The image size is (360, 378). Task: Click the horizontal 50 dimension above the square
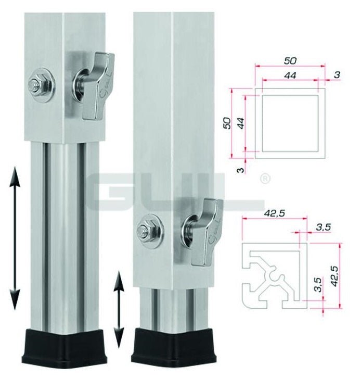(x=290, y=61)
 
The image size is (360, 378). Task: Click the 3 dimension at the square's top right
(x=337, y=75)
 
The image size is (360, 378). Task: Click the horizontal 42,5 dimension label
(x=265, y=213)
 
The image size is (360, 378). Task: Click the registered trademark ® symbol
(x=265, y=180)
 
